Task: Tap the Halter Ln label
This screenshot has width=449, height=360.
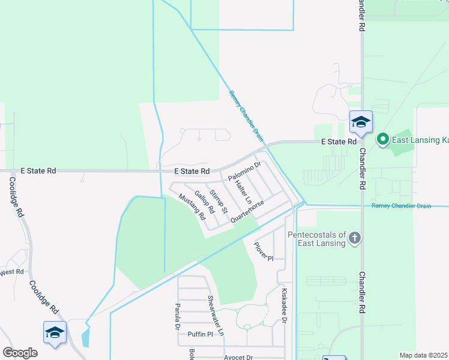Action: (243, 190)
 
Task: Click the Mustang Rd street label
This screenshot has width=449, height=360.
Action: (196, 208)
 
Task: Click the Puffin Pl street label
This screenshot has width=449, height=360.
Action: (200, 334)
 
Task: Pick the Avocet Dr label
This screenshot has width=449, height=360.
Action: (238, 357)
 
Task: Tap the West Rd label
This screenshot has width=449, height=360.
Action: (11, 272)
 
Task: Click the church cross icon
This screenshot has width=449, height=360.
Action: (355, 238)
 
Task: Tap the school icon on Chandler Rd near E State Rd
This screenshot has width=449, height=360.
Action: (361, 122)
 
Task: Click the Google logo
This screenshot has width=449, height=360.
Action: (20, 353)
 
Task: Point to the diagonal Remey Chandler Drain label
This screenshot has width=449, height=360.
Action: (246, 115)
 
